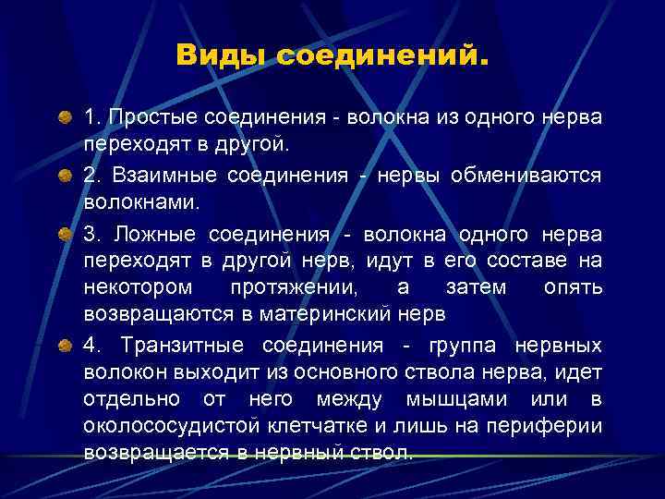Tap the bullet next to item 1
point(65,119)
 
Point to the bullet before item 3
point(65,235)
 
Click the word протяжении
point(293,287)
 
